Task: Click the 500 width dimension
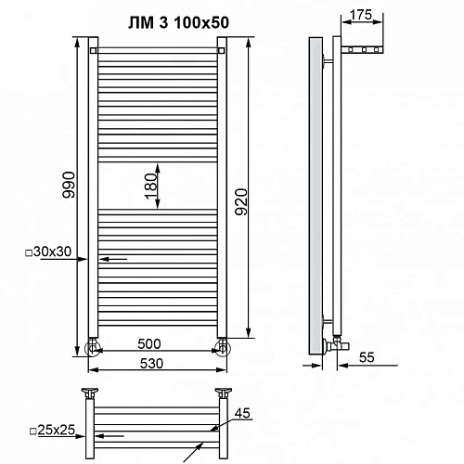(x=157, y=341)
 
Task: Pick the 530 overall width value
(x=157, y=363)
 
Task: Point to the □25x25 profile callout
(x=52, y=431)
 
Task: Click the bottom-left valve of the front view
(x=93, y=348)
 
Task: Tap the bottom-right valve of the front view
(x=222, y=348)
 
